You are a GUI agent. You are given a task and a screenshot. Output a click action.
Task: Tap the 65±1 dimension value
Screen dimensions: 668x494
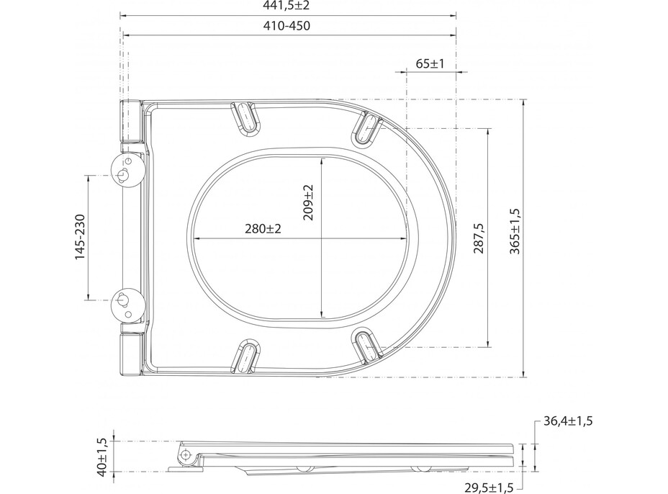(430, 63)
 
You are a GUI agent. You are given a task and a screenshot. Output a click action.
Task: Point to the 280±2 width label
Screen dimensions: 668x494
(262, 228)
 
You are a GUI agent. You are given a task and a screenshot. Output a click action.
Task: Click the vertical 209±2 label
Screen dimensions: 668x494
(309, 202)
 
